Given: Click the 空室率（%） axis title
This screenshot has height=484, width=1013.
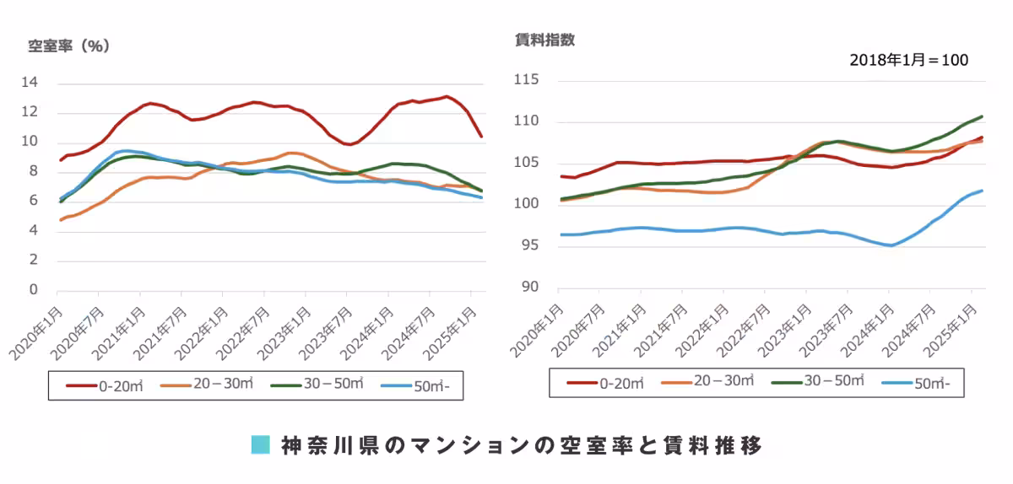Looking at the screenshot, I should click(x=69, y=46).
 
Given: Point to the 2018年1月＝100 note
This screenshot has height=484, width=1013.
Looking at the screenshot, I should click(x=908, y=61).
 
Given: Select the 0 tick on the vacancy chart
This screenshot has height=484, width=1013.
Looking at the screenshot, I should click(x=35, y=290).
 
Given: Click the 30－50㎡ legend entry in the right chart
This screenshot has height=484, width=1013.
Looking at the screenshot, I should click(x=818, y=381).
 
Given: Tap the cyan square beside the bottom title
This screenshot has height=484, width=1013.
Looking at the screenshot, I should click(x=261, y=444).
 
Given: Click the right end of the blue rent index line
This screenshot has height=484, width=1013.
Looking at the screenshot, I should click(x=982, y=191).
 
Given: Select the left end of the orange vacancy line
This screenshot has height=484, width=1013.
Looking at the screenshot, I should click(x=60, y=220).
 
